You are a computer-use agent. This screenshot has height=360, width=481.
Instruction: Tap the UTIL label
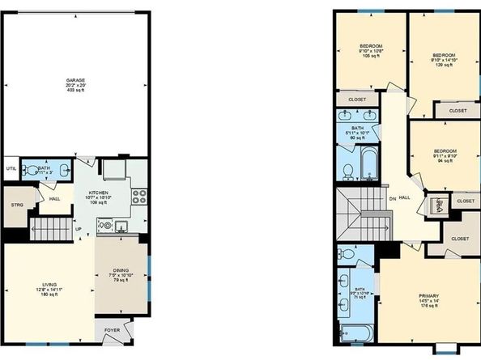click(x=11, y=168)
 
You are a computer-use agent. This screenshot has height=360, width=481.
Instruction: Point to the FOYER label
click(x=110, y=331)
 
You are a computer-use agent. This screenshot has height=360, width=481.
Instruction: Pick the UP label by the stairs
click(x=78, y=228)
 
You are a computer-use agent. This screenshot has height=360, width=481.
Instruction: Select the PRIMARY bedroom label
click(x=428, y=295)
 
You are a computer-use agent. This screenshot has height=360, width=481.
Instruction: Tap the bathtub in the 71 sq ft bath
click(x=355, y=332)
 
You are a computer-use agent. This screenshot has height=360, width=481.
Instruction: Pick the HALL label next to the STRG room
click(x=54, y=198)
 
